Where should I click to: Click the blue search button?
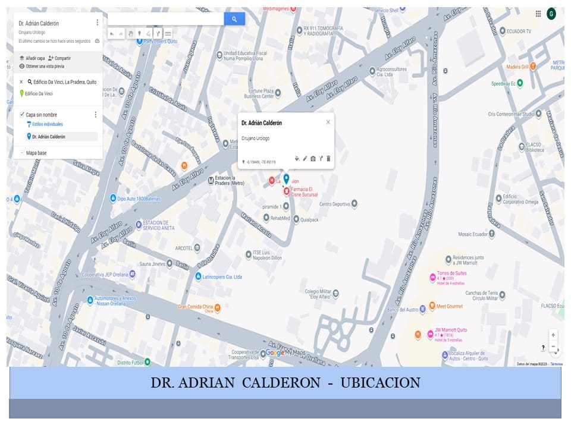click(x=234, y=19)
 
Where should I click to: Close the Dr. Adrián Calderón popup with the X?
click(x=328, y=122)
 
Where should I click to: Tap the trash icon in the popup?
click(x=328, y=159)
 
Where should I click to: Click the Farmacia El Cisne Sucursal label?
click(x=304, y=191)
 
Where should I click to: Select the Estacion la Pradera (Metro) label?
click(x=229, y=181)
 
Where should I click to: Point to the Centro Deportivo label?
click(x=334, y=204)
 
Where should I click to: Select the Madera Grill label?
click(x=517, y=67)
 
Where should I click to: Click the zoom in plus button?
click(x=553, y=335)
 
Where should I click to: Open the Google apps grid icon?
click(x=538, y=14)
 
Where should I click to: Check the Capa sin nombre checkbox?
click(x=22, y=115)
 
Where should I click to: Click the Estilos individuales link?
click(x=47, y=124)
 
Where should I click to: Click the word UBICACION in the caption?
click(x=380, y=382)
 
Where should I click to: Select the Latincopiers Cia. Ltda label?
click(x=222, y=276)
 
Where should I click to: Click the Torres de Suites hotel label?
click(x=451, y=273)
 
